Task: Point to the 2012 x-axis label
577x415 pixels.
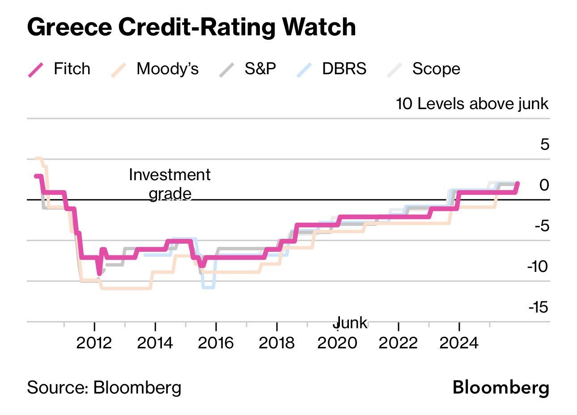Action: coord(94,343)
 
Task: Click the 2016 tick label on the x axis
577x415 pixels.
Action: coord(216,343)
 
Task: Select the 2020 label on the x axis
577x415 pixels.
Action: coord(337,343)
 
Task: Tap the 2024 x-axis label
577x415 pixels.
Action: coord(459,343)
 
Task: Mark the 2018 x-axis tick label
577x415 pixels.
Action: coord(276,343)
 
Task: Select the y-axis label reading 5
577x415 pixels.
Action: coord(544,144)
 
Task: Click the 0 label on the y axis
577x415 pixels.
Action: coord(544,185)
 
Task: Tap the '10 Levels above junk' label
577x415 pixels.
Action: coord(472,104)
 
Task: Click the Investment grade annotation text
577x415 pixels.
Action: coord(170,184)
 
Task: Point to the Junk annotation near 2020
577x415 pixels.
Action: coord(352,322)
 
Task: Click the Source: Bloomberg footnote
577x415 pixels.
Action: coord(104,387)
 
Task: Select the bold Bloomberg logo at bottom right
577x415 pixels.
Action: coord(501,387)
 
